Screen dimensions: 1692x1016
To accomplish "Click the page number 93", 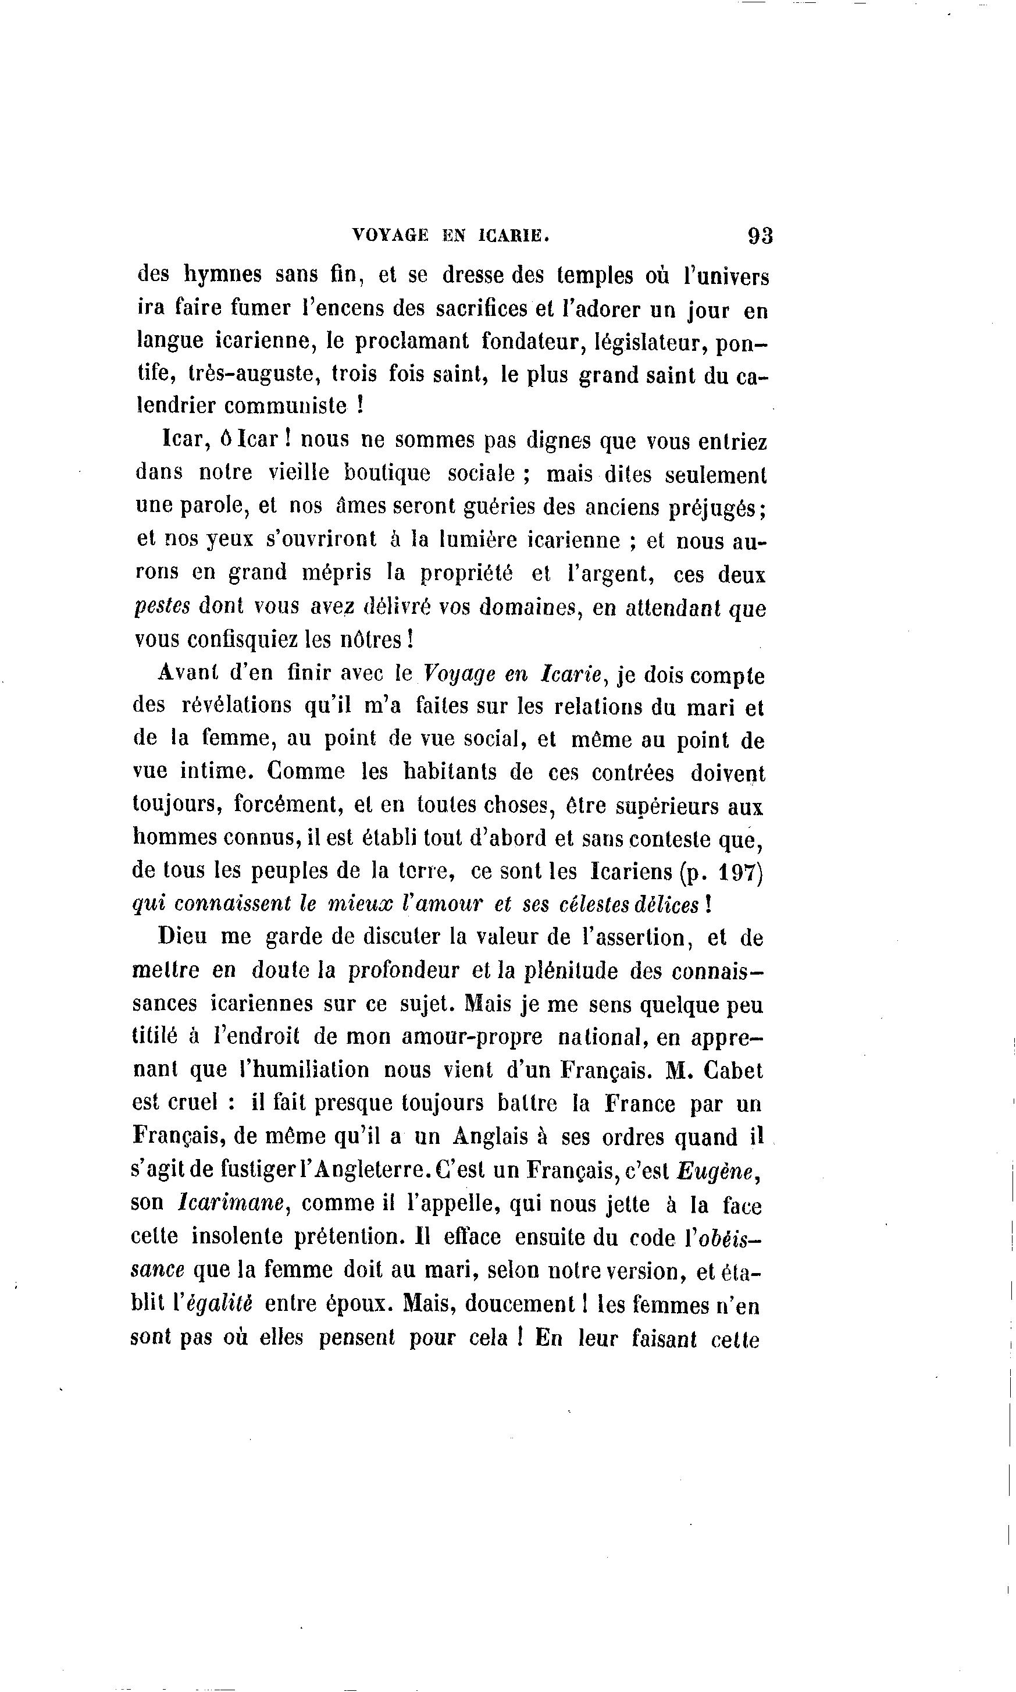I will pyautogui.click(x=760, y=236).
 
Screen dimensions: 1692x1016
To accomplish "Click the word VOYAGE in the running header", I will pyautogui.click(x=390, y=236).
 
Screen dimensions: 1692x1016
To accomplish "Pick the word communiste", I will pyautogui.click(x=286, y=406).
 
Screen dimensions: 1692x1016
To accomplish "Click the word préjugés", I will pyautogui.click(x=722, y=508).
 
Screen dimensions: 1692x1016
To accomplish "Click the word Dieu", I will pyautogui.click(x=181, y=937).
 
